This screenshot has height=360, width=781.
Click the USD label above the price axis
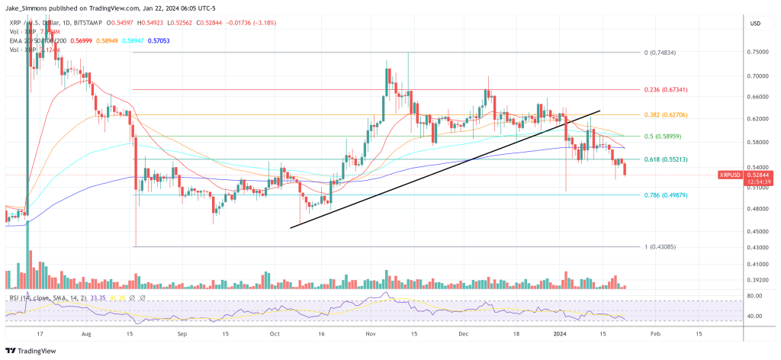point(755,24)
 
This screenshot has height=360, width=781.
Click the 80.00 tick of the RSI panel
point(755,295)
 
